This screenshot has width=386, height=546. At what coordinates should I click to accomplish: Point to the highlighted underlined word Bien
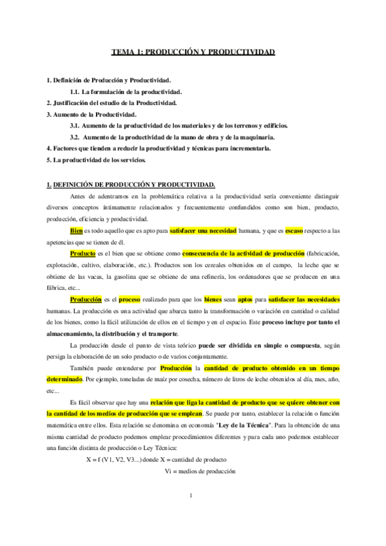(x=77, y=230)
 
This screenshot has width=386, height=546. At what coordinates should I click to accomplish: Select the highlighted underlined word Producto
(x=83, y=254)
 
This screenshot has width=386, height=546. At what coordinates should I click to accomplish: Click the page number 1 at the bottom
(x=193, y=513)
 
